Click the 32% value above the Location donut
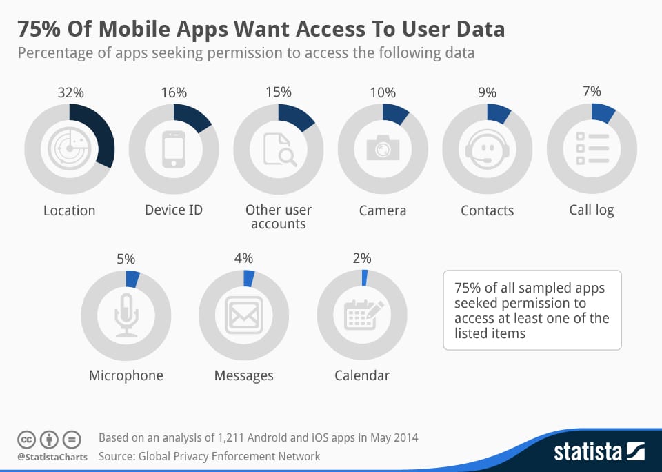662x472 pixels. coord(70,92)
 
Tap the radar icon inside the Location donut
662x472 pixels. coord(69,147)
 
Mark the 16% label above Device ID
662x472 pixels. coord(174,92)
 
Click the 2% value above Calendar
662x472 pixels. coord(362,259)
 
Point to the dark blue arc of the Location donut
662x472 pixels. coord(103,131)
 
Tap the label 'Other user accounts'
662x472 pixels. coord(279,217)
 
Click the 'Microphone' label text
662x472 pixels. coord(126,375)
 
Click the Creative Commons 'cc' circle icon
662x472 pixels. coord(27,439)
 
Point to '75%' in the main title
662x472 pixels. coord(40,29)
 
